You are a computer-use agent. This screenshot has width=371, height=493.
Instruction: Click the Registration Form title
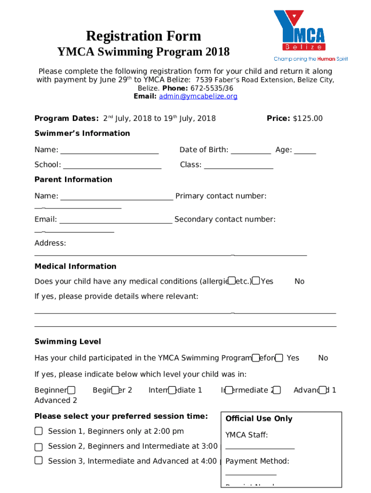point(143,36)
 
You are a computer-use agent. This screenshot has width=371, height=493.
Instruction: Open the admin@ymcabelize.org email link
point(199,96)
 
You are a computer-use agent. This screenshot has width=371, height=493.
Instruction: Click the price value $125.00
point(307,118)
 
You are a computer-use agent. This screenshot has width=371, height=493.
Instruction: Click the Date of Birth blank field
point(251,150)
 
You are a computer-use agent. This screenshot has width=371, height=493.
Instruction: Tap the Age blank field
point(305,150)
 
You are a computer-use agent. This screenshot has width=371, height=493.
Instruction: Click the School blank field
point(112,165)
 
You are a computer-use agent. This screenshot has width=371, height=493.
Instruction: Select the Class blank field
point(238,165)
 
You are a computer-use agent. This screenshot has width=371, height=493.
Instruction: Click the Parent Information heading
point(73,180)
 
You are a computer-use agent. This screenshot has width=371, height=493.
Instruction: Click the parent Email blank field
point(116,220)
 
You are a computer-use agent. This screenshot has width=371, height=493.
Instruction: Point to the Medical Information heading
point(75,266)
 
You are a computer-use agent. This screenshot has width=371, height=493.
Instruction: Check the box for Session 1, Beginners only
point(39,431)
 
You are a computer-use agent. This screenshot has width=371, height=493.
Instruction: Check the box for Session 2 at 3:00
point(39,446)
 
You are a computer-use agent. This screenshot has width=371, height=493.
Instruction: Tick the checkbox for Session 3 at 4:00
point(39,461)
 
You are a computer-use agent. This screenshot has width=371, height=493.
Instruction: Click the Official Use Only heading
point(259,419)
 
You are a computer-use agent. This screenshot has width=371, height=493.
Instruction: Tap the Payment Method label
point(257,461)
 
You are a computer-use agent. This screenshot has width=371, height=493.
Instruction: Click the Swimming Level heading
point(68,342)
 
